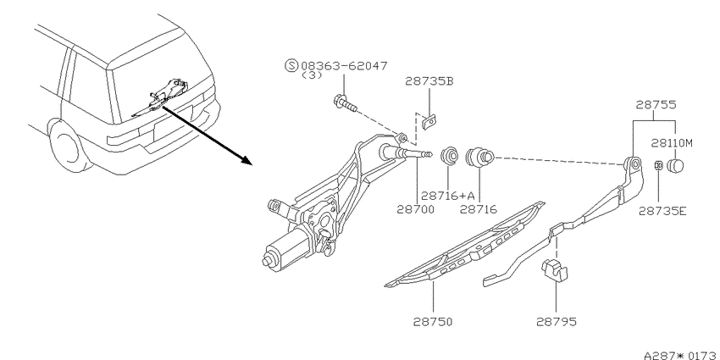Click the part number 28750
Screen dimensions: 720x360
tap(433, 321)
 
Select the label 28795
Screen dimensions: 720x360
tap(556, 321)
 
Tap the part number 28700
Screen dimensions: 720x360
tap(416, 209)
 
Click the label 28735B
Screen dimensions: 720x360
tap(429, 81)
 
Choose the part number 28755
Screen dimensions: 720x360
tap(656, 105)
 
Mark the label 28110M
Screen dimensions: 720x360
tap(672, 143)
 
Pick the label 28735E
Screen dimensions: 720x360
tap(662, 211)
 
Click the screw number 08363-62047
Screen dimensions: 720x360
tap(344, 66)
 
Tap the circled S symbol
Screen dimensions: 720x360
tap(291, 66)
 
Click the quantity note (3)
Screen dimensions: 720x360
tap(312, 75)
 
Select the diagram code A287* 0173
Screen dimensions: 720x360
tap(681, 355)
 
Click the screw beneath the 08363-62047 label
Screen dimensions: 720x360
tap(345, 104)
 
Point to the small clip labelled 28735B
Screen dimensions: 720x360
tap(429, 122)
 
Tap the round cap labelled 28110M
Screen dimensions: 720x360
tap(675, 165)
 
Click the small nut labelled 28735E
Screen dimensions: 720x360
tap(658, 165)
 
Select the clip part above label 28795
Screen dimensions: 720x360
tap(554, 269)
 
